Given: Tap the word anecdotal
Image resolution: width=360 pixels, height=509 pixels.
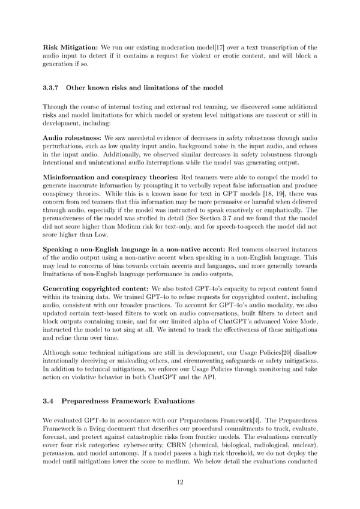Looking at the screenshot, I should click(134, 137).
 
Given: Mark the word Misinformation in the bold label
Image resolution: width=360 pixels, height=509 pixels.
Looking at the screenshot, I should click(70, 178).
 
